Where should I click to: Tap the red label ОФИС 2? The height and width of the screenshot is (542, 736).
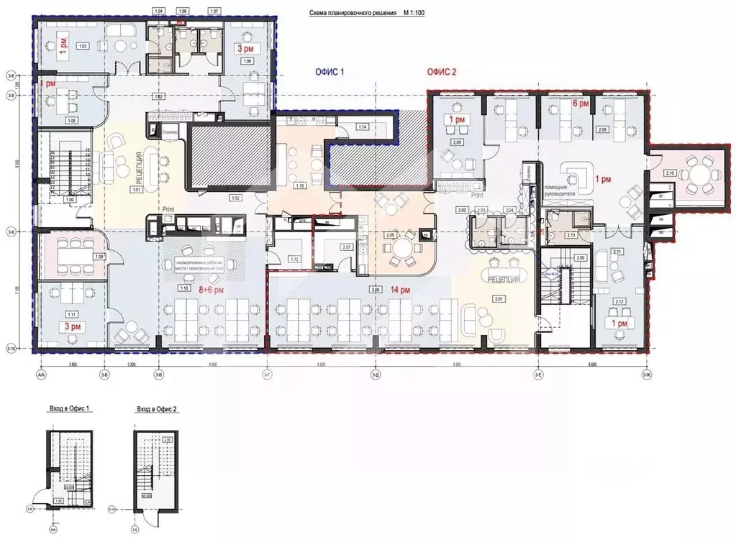pos(442,72)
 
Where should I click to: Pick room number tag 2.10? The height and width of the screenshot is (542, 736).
pos(669,174)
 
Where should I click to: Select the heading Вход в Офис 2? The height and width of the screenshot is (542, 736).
pos(157,409)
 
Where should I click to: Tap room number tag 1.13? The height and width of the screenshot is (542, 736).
pos(300,185)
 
